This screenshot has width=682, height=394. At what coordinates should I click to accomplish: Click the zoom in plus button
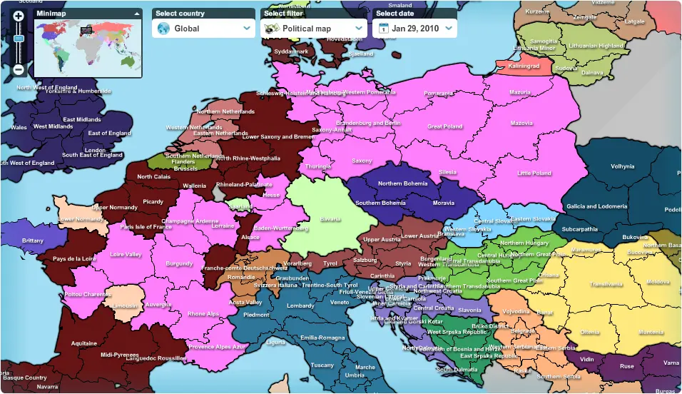coord(19,16)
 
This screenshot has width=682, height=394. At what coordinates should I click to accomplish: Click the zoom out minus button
coord(19,70)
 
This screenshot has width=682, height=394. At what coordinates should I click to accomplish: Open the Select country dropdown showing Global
coord(204,29)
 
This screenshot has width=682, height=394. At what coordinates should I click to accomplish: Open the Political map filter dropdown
coord(315,29)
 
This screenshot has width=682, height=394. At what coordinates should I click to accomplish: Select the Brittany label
coord(32,241)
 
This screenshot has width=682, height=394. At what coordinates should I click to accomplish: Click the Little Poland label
coord(534,173)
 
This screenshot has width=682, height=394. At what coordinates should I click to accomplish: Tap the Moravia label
coord(443,203)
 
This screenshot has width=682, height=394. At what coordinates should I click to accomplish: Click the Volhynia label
coord(622,166)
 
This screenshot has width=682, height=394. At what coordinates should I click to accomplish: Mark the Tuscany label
coord(322,365)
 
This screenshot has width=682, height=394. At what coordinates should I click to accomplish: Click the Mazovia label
coord(521,123)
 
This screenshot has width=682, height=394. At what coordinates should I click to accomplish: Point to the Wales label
coord(19,128)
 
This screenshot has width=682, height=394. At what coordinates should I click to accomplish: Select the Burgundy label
coord(179,263)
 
